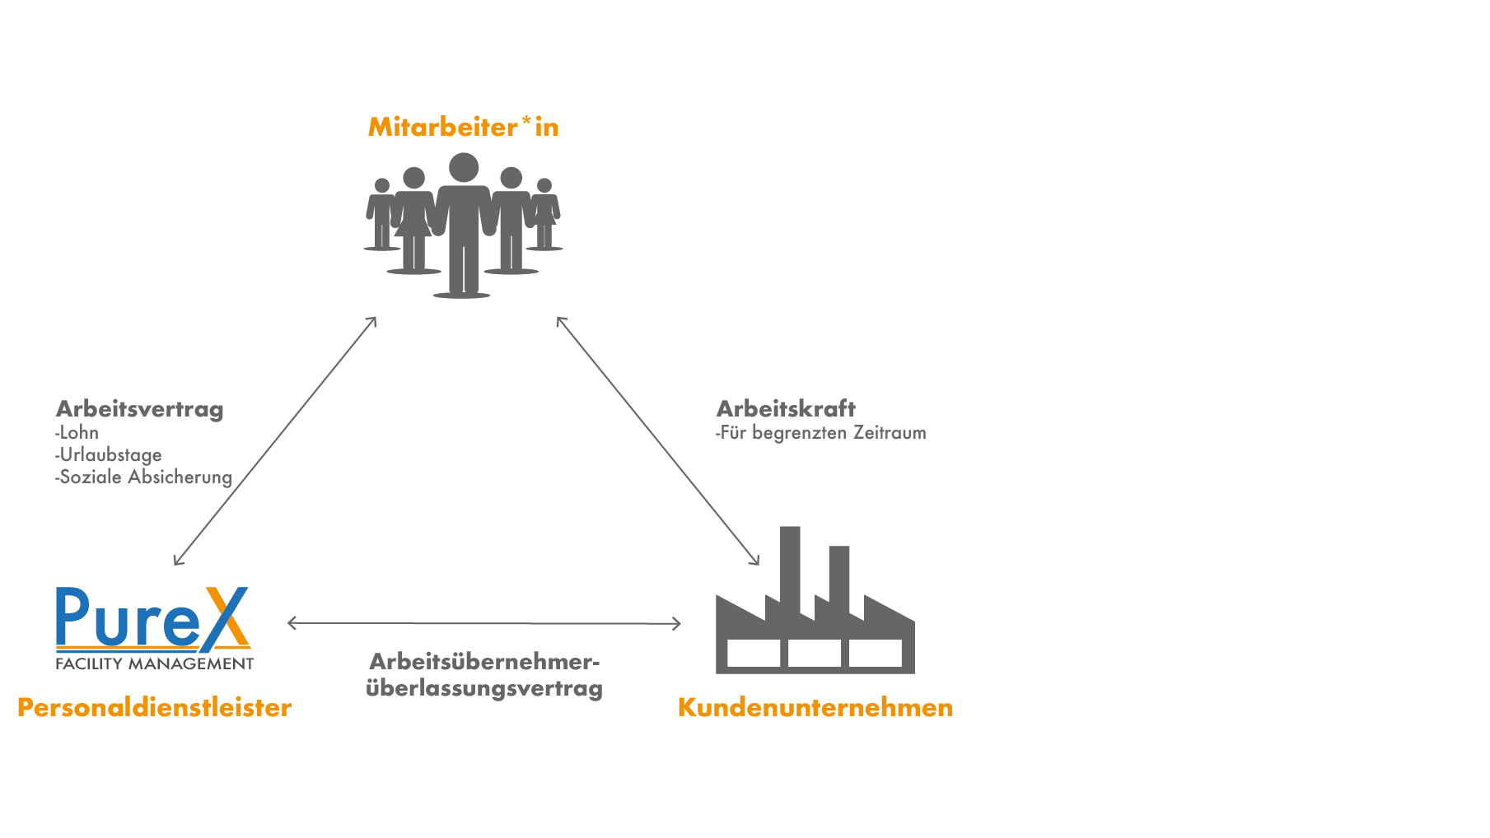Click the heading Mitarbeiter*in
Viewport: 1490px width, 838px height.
pos(463,127)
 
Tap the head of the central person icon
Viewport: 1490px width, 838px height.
pos(464,167)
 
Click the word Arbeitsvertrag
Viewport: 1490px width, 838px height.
pos(139,409)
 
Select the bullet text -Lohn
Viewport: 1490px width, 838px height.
pos(77,433)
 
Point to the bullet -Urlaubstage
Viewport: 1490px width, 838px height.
pos(109,455)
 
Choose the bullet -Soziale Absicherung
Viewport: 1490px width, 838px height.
pos(144,477)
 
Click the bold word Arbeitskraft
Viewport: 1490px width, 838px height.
pos(786,408)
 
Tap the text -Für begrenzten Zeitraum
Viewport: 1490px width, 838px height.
pos(821,433)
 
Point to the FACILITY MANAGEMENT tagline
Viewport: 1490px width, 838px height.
pos(155,663)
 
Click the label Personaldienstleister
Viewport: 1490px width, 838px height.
pos(154,707)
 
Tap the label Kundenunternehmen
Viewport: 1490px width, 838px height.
pos(815,707)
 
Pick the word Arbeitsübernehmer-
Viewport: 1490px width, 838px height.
pos(484,662)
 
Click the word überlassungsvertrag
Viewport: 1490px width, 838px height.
pos(484,688)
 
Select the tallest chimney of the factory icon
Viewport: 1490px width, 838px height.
pos(790,568)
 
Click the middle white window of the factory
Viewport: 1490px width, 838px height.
pos(815,654)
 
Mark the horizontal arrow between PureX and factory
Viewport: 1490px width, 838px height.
pos(484,623)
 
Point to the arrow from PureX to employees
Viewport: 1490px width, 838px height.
pos(275,440)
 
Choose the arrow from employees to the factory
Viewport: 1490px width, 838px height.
pos(657,440)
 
